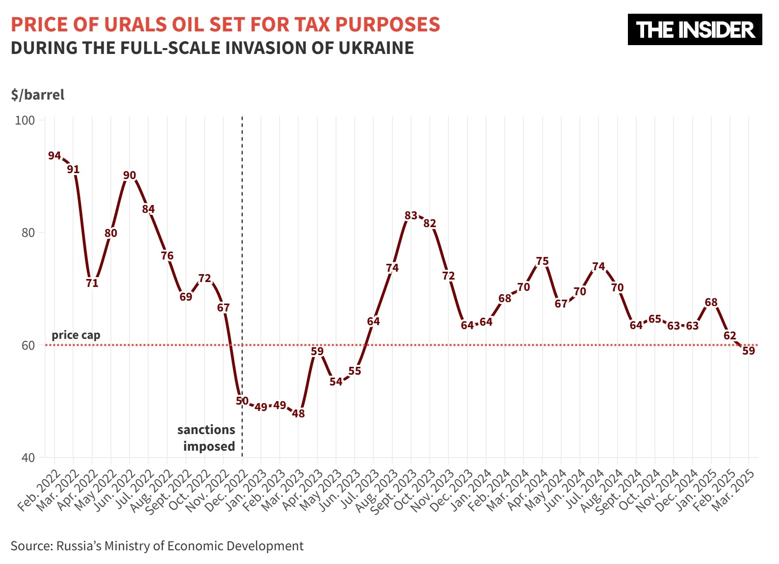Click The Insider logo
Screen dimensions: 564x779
(695, 29)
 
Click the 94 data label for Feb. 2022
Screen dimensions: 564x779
(54, 155)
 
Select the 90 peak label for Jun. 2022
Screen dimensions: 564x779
(130, 175)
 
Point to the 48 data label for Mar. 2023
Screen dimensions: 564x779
(298, 413)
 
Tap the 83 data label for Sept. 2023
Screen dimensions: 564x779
(411, 215)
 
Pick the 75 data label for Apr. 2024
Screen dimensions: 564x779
(542, 261)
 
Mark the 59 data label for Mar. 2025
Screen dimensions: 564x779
(748, 351)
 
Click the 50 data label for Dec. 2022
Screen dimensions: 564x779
(242, 401)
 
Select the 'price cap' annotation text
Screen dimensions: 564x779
(76, 335)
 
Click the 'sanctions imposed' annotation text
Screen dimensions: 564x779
(207, 438)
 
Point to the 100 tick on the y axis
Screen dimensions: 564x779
(25, 121)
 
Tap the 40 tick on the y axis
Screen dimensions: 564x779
(28, 458)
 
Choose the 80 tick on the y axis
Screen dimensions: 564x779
(28, 233)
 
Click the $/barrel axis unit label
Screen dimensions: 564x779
(38, 95)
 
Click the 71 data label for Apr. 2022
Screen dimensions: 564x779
(92, 283)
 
